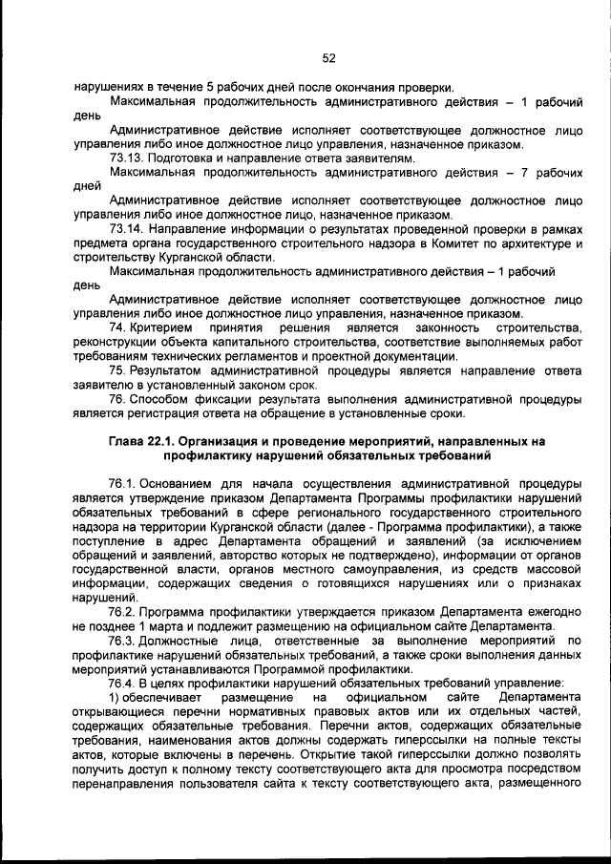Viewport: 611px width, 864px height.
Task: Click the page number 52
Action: tap(328, 58)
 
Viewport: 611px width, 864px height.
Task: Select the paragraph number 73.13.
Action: tap(127, 157)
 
